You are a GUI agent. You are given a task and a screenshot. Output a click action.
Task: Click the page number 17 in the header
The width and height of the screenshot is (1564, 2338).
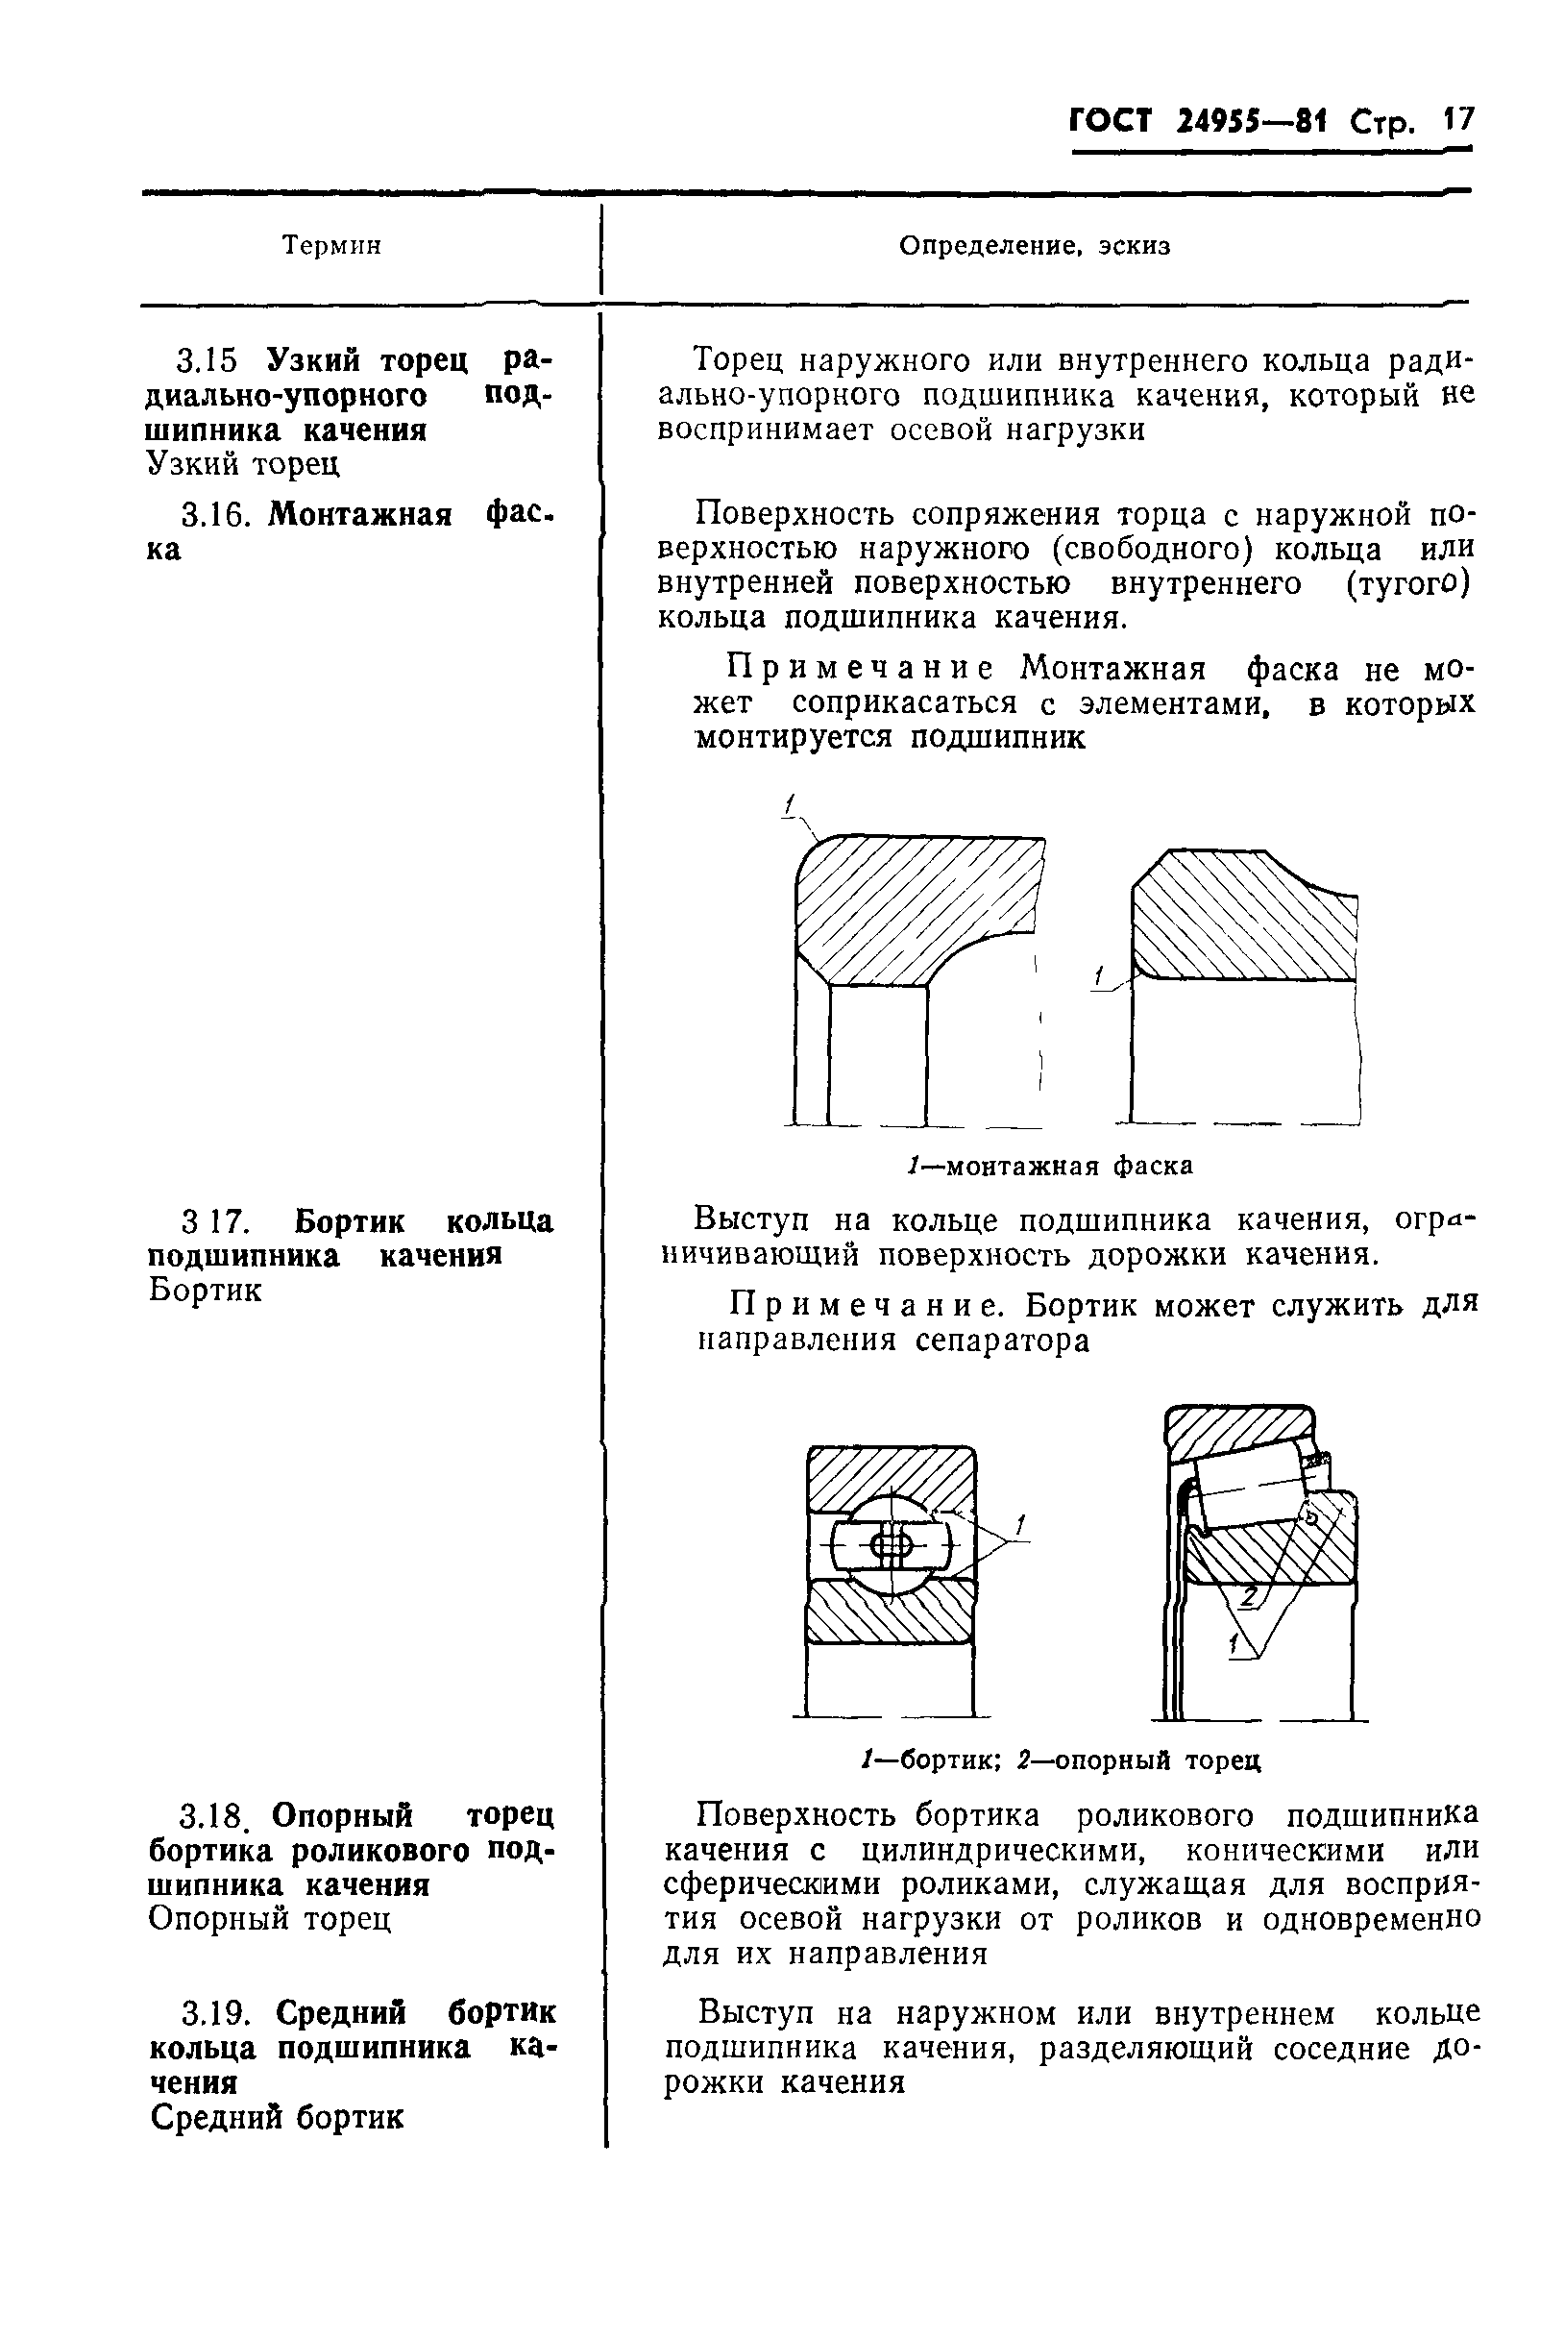pyautogui.click(x=1456, y=121)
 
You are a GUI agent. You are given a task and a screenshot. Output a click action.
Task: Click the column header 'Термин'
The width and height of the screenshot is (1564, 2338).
pyautogui.click(x=332, y=245)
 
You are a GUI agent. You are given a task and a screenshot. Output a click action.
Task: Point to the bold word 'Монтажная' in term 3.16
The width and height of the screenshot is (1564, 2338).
pyautogui.click(x=360, y=515)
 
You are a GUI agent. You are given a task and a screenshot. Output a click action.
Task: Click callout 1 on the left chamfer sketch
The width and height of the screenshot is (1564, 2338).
pyautogui.click(x=789, y=803)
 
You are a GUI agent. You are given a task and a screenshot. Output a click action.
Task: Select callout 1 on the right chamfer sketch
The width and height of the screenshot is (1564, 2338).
pyautogui.click(x=1099, y=974)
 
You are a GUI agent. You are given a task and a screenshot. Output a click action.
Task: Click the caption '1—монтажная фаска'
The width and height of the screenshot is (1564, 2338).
pyautogui.click(x=1050, y=1166)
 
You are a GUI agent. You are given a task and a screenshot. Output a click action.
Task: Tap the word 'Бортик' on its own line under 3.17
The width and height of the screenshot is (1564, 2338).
pyautogui.click(x=206, y=1290)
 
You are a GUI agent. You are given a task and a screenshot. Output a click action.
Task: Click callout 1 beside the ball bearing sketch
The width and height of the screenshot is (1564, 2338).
pyautogui.click(x=1020, y=1525)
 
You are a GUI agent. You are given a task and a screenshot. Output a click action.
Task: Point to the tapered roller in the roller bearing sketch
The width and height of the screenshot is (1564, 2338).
pyautogui.click(x=1252, y=1488)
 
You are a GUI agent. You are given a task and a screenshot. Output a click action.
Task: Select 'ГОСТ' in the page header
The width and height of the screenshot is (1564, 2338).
pyautogui.click(x=1111, y=122)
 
